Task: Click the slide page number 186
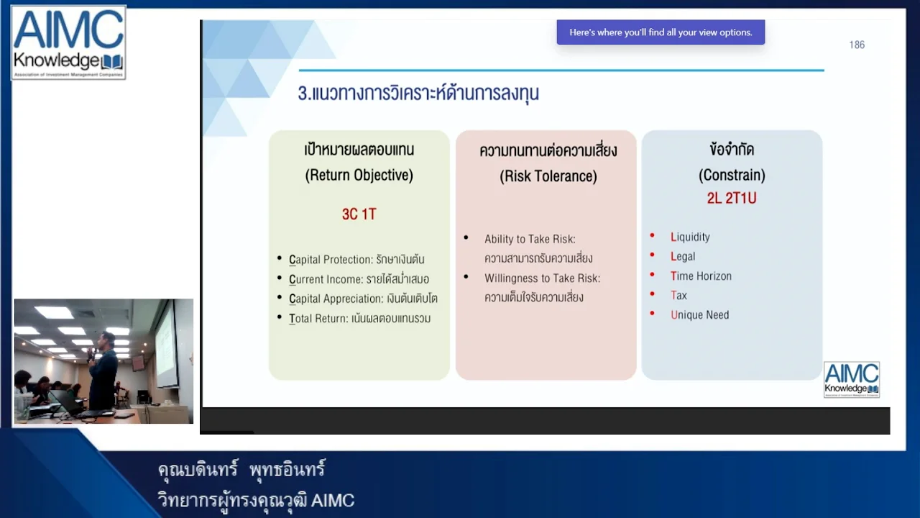pos(857,45)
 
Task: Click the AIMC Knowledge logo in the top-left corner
pos(68,42)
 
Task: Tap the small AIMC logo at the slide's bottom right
pos(851,379)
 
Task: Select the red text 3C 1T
pos(359,214)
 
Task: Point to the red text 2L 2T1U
pos(731,199)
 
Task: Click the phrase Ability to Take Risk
pos(530,239)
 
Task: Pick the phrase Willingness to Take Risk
pos(542,278)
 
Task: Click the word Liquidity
pos(690,237)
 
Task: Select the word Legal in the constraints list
pos(683,256)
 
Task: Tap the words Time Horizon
pos(701,276)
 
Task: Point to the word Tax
pos(678,295)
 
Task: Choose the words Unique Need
pos(699,314)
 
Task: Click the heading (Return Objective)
pos(359,175)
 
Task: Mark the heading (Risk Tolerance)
pos(548,176)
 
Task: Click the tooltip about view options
pos(661,32)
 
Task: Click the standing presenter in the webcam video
pos(103,371)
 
